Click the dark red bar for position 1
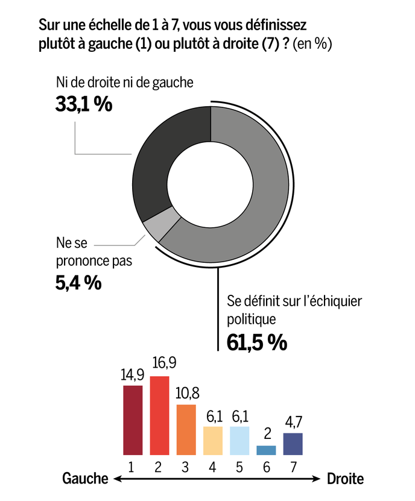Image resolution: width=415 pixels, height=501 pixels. coord(133,420)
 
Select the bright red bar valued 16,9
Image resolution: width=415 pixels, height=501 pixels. coord(159,415)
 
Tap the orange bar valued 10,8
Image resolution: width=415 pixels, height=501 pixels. coord(186,429)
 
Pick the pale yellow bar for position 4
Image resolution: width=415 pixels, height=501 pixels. coord(213,440)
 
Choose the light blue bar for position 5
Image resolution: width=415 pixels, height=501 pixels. coord(239,440)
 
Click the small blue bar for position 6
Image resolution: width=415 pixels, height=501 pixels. coord(266,450)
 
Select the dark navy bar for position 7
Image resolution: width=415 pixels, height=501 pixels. coord(293,444)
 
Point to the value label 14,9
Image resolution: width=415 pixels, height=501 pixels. coord(132,375)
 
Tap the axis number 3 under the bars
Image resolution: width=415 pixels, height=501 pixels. coord(186,465)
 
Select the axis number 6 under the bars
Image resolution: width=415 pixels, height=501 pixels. coord(266,465)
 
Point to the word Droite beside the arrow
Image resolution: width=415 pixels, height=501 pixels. coord(346,479)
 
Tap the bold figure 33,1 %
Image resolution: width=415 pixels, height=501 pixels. coord(84,104)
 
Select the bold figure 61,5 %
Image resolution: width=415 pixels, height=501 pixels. coord(256,342)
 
